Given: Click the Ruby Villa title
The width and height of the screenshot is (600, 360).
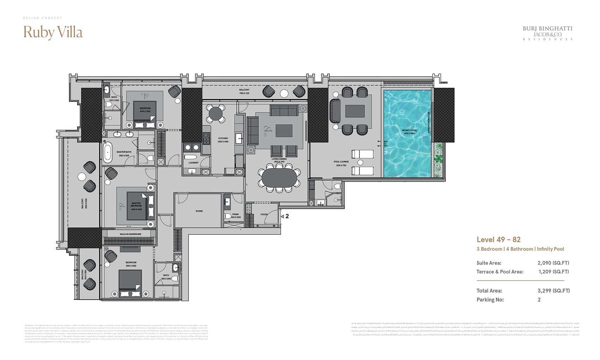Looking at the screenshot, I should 53,32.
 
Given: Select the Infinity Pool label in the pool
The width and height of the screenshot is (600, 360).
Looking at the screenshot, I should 409,132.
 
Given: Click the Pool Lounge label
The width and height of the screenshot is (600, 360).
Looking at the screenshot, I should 341,163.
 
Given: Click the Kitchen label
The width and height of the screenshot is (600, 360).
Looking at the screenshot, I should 223,140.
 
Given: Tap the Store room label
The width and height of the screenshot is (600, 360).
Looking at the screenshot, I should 199,211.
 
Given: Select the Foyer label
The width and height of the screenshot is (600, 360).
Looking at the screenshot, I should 264,214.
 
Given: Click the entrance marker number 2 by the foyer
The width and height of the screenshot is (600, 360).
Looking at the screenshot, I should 287,216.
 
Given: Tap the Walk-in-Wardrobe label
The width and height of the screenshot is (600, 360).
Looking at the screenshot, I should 130,234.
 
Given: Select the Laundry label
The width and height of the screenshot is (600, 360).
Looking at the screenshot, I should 193,163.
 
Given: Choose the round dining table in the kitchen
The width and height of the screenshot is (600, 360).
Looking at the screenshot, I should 216,114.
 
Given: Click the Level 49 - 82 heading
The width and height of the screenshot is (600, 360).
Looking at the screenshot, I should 498,240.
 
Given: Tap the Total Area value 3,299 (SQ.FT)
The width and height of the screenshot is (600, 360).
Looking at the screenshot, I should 553,291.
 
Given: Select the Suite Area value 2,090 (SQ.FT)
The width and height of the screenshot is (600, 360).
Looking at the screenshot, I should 553,263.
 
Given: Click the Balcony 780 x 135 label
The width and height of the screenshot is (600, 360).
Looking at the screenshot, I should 244,91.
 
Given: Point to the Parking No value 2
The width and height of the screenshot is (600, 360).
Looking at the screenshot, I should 539,300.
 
